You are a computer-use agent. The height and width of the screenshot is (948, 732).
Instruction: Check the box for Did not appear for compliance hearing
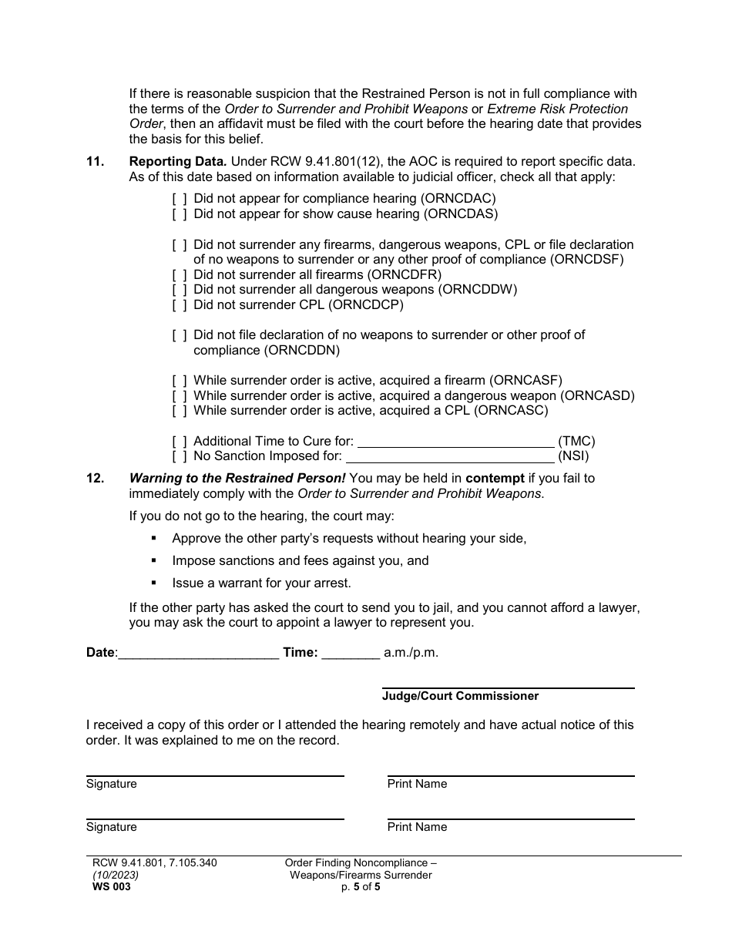tap(179, 199)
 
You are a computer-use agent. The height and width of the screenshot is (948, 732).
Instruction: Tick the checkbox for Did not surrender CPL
tap(179, 304)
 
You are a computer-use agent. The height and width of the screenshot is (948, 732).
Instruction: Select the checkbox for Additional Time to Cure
tap(179, 442)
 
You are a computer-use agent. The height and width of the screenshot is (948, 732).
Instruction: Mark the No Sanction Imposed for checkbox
tap(179, 456)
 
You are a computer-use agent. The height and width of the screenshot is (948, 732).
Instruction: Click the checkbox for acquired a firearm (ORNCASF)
tap(179, 381)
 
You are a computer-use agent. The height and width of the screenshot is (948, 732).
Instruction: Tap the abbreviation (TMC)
tap(576, 442)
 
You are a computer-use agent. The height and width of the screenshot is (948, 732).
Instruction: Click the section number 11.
tap(95, 162)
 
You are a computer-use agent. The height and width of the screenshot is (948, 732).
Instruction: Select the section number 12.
tap(95, 479)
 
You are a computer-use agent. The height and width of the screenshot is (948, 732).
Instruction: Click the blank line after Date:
tap(199, 654)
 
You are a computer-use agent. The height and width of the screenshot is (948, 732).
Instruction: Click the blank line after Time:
tap(351, 654)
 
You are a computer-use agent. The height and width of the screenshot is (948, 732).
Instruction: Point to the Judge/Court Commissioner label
tap(460, 697)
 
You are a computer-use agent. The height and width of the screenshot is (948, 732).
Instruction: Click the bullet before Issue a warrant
tap(155, 583)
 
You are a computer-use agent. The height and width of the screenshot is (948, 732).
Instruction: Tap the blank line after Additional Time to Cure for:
tap(456, 442)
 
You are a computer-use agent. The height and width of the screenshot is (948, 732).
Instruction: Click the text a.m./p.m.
tap(411, 653)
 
